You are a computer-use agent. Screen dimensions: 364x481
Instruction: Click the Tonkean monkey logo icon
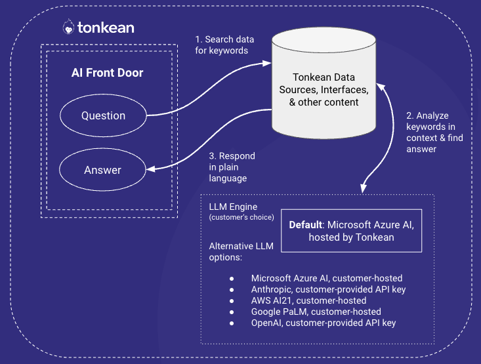[x=68, y=27]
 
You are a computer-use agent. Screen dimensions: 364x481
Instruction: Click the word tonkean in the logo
[x=105, y=28]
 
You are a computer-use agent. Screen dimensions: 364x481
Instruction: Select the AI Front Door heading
[x=107, y=73]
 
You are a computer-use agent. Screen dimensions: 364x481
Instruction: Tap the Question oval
[x=103, y=115]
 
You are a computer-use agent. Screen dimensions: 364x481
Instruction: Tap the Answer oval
[x=102, y=170]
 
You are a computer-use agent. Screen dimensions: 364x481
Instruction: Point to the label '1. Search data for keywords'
[x=224, y=45]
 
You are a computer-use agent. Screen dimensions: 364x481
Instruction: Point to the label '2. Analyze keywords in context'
[x=430, y=132]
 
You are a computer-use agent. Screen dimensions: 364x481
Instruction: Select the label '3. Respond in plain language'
[x=232, y=167]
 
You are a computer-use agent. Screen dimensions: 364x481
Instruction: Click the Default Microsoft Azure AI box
[x=351, y=231]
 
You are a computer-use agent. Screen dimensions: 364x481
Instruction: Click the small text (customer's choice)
[x=241, y=217]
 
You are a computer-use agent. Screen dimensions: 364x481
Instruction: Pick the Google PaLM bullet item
[x=316, y=312]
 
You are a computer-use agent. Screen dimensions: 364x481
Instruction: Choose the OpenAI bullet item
[x=324, y=323]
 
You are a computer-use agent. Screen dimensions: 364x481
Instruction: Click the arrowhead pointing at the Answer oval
[x=150, y=170]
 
